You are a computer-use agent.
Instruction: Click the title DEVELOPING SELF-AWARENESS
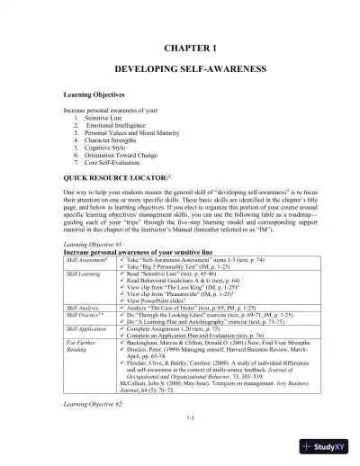pyautogui.click(x=179, y=68)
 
